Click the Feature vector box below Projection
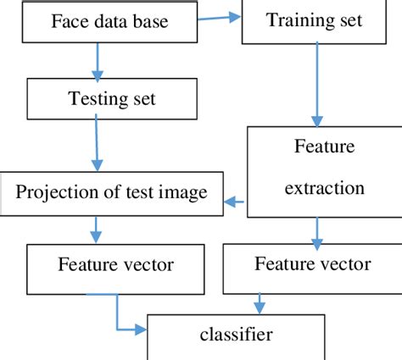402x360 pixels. point(115,265)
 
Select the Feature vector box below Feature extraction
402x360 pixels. point(313,264)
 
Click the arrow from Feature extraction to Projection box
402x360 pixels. point(234,202)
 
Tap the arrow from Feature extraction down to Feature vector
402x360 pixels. point(316,228)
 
